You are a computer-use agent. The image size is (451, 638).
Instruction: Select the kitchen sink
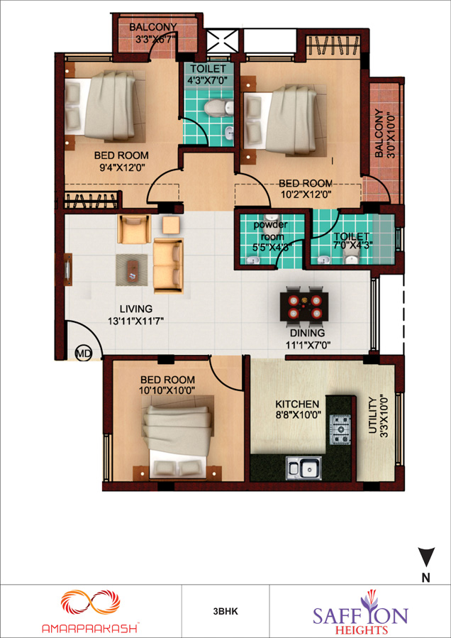(x=304, y=468)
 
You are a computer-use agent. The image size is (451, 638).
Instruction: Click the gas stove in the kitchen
(x=340, y=429)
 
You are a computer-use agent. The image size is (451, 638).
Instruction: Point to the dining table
(x=304, y=305)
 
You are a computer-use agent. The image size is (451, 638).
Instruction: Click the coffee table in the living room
(x=132, y=270)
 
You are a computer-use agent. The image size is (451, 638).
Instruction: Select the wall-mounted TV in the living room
(x=68, y=269)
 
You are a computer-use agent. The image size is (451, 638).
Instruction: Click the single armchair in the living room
(x=134, y=229)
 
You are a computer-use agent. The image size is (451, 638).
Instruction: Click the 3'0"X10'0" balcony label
(x=384, y=134)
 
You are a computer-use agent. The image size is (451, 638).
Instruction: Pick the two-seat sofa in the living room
(x=169, y=265)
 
